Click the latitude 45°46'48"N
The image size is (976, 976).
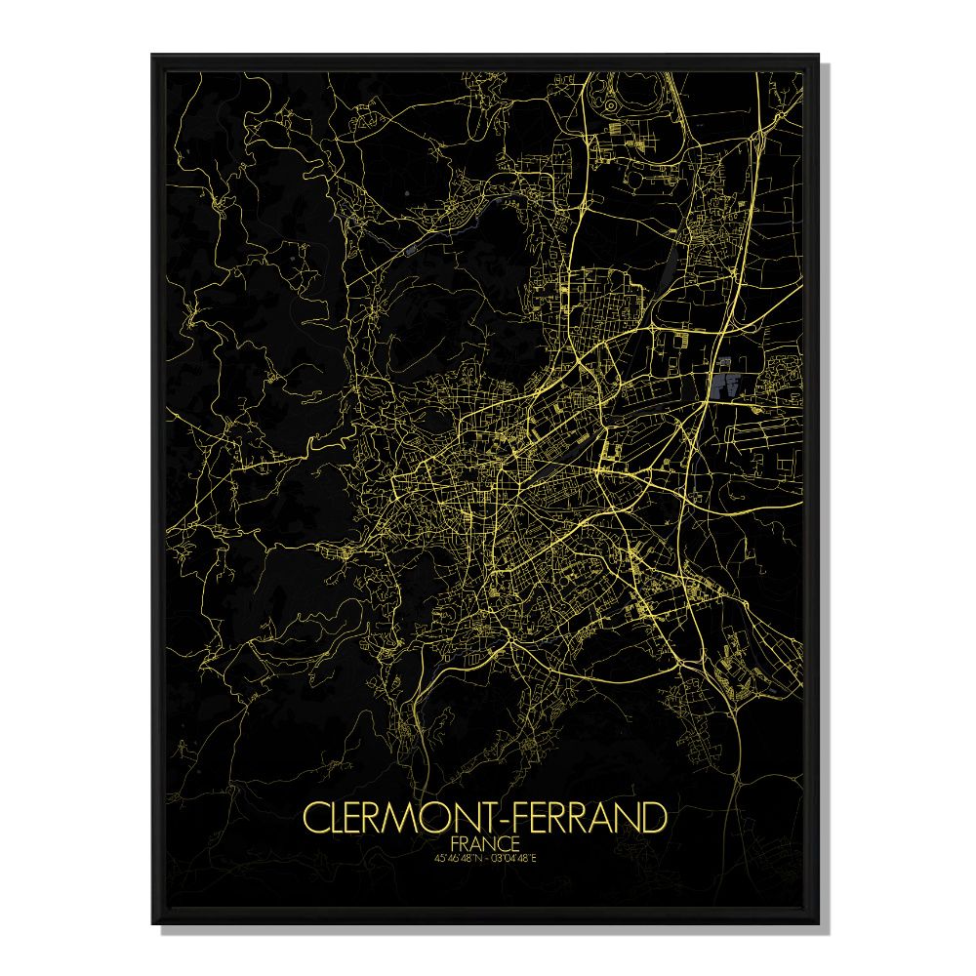pos(457,858)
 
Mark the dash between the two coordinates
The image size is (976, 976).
pos(488,858)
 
